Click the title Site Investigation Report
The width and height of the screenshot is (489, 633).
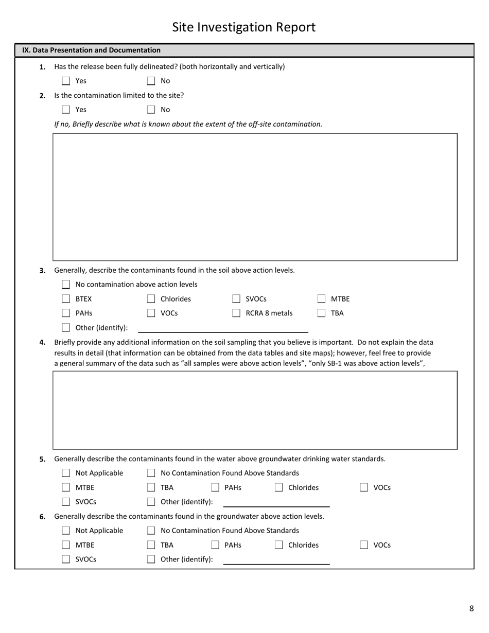click(243, 27)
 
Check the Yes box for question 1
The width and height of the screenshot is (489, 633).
click(66, 81)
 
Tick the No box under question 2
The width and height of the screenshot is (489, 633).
click(151, 110)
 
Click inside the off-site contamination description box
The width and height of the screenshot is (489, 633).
click(255, 197)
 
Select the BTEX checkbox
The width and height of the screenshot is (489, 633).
click(66, 299)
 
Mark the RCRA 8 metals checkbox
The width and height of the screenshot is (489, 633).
click(236, 313)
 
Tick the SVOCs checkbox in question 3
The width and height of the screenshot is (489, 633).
click(236, 299)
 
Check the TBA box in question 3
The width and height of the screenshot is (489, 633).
click(322, 313)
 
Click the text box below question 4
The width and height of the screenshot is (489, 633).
click(255, 410)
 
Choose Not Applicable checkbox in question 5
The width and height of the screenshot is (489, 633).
click(66, 473)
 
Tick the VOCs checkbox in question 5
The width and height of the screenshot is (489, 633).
click(364, 487)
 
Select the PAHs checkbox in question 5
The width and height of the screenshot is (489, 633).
click(215, 487)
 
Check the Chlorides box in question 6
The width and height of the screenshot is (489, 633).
click(279, 545)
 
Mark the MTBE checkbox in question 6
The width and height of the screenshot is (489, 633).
click(66, 545)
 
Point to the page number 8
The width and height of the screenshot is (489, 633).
click(471, 609)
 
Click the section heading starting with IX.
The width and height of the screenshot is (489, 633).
click(91, 50)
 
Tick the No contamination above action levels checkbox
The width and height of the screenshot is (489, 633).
click(66, 285)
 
